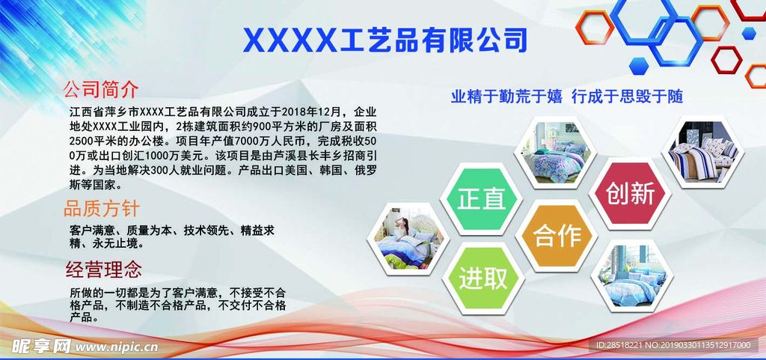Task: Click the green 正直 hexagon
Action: click(481, 199)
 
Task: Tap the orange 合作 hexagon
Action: click(557, 236)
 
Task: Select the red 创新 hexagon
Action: click(630, 193)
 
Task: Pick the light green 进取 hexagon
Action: click(483, 278)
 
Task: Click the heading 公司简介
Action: click(101, 89)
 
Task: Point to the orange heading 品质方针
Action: click(102, 209)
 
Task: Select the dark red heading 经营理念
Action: click(103, 269)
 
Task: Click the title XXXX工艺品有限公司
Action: click(385, 40)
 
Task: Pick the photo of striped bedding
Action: click(702, 151)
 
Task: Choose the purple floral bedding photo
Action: click(556, 152)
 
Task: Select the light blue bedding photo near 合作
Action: click(632, 276)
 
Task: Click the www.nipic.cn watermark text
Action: click(117, 347)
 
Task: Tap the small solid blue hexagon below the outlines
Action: click(638, 65)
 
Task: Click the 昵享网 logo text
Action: click(41, 346)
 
